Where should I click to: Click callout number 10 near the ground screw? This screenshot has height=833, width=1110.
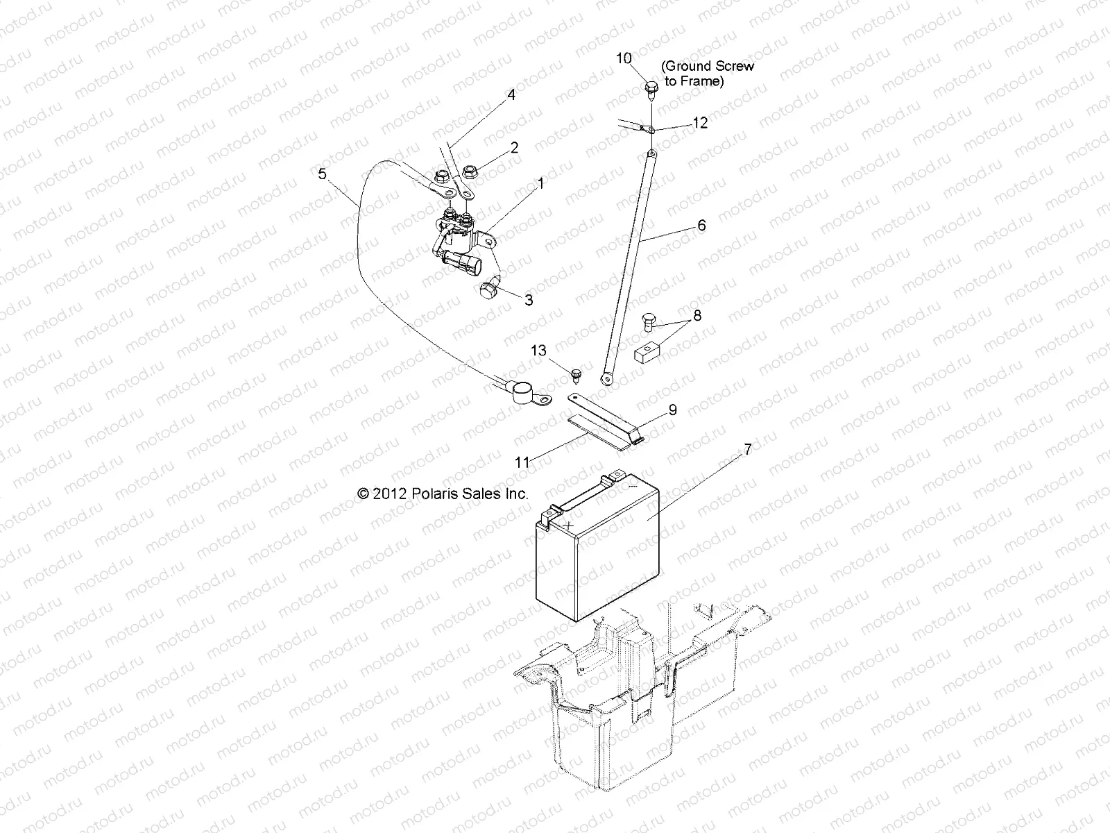click(x=624, y=58)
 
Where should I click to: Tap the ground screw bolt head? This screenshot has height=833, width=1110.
click(x=651, y=87)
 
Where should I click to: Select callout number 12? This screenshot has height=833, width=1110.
click(x=700, y=123)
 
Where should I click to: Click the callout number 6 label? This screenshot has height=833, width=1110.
click(x=701, y=225)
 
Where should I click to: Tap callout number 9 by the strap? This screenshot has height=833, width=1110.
click(x=672, y=410)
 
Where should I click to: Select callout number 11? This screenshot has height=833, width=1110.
click(x=522, y=462)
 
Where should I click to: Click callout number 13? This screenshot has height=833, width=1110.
click(x=539, y=351)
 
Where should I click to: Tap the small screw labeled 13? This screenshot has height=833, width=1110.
click(x=574, y=375)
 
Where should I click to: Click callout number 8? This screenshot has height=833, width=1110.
click(x=697, y=316)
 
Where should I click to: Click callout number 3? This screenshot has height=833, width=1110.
click(x=529, y=301)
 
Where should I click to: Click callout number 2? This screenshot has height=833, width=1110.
click(x=514, y=147)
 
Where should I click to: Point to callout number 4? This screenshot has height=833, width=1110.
click(x=511, y=95)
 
